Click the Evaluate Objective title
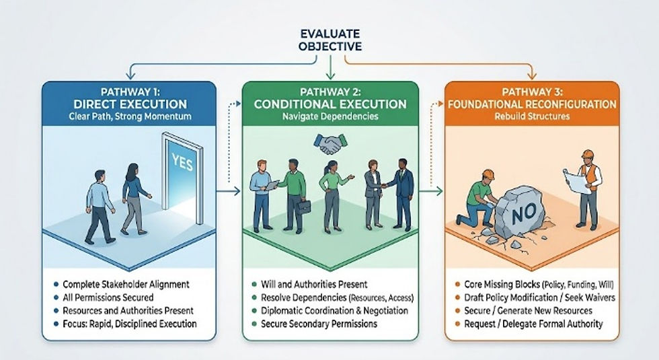330,40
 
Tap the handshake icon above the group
330,144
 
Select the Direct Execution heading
130,104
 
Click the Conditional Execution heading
330,104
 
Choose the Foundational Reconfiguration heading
532,104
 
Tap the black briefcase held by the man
303,207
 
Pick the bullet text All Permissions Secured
108,297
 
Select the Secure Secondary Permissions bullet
319,324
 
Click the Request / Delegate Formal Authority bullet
533,324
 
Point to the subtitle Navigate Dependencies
330,116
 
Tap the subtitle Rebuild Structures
532,116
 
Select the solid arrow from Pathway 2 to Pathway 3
431,191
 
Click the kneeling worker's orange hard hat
488,174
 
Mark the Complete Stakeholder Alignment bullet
126,284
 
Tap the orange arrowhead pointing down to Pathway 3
532,75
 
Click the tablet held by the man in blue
272,184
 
